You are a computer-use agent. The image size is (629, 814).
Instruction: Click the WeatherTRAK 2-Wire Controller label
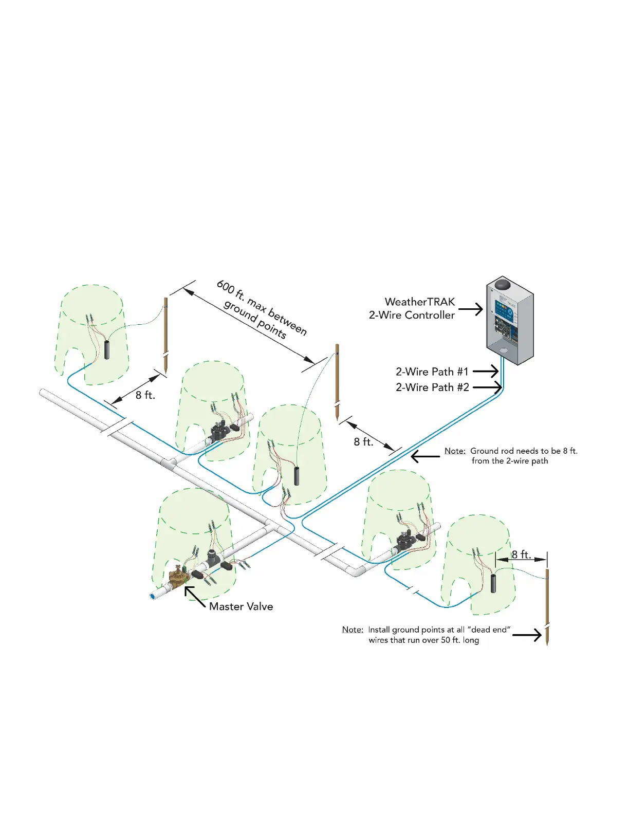pos(412,308)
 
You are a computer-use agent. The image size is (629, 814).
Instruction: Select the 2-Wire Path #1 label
pos(432,372)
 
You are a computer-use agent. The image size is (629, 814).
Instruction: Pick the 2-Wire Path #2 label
pos(432,387)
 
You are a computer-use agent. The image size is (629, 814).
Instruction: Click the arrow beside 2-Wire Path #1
pos(486,372)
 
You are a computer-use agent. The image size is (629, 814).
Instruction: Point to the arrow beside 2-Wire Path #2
pos(487,387)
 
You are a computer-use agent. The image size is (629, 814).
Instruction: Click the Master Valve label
pos(241,606)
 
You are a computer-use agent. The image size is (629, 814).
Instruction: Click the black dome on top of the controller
pos(503,284)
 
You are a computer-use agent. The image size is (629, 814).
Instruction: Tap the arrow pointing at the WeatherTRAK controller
pos(471,309)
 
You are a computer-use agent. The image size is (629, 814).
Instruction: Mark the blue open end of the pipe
pos(153,596)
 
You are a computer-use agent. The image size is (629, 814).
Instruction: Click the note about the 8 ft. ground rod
pos(511,456)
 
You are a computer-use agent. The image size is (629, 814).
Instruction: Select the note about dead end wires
pos(426,635)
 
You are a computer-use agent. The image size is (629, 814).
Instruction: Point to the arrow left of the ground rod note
pos(425,456)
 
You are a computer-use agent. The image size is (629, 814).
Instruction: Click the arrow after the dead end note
pos(527,635)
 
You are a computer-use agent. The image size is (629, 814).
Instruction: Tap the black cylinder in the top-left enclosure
pos(107,349)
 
